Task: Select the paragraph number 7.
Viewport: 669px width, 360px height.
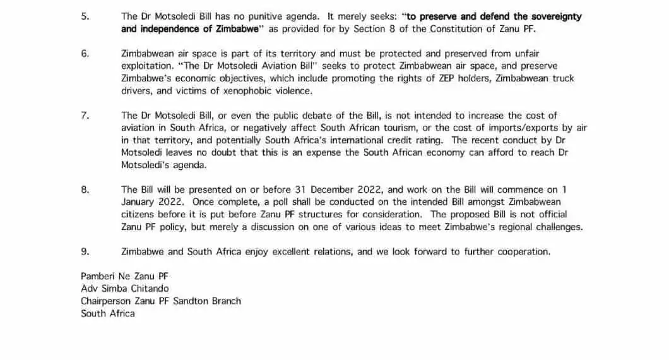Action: point(85,115)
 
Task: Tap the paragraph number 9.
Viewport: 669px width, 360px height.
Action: point(85,251)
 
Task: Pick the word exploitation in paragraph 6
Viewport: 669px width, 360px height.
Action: point(146,66)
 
